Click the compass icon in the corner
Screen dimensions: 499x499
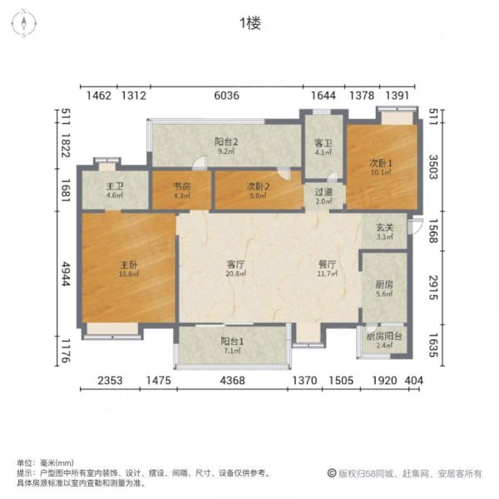click(x=25, y=22)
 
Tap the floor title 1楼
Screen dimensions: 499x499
click(x=249, y=23)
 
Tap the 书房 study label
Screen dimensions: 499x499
click(x=181, y=187)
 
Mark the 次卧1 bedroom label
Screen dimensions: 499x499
click(x=378, y=162)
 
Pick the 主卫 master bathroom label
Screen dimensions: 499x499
click(x=114, y=187)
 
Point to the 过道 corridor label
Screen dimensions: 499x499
click(x=324, y=192)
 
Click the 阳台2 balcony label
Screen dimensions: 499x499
click(x=225, y=142)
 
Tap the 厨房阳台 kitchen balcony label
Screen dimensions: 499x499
click(x=384, y=336)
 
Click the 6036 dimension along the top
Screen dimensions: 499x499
click(x=226, y=96)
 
